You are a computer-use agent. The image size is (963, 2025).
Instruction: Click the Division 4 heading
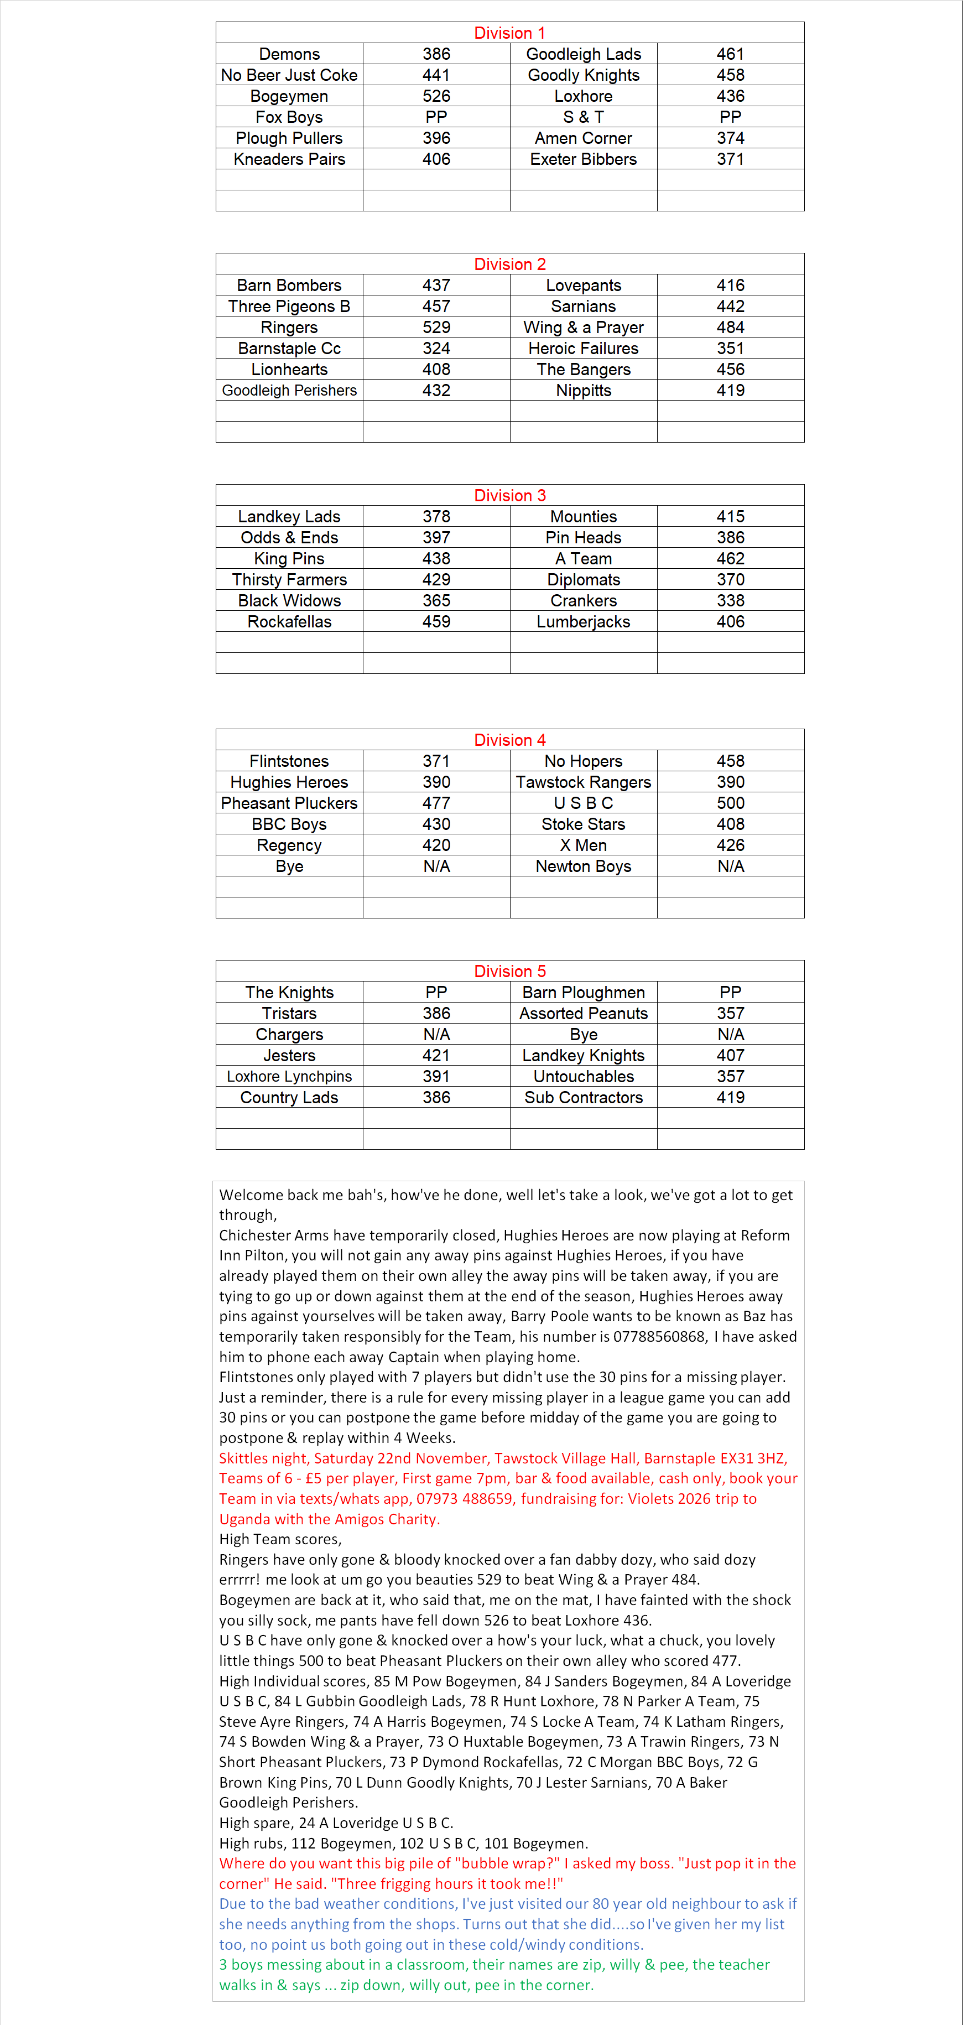click(509, 740)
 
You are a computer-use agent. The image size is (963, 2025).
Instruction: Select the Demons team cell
click(289, 54)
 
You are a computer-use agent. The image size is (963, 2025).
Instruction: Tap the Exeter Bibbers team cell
click(584, 159)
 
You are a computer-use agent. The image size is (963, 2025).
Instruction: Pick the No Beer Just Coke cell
click(289, 75)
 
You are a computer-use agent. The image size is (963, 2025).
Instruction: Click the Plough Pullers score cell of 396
click(436, 138)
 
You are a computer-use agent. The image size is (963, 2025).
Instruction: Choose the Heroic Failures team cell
click(584, 348)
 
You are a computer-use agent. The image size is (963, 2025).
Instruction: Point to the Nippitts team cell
click(584, 391)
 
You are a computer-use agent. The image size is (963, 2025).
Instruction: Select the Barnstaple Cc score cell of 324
click(436, 348)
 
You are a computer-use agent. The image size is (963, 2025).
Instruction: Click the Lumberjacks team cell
click(584, 622)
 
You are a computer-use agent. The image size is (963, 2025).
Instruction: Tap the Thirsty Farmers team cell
click(289, 579)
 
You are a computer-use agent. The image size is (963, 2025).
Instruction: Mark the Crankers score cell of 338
click(730, 600)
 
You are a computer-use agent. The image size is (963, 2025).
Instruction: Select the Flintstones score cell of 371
click(436, 761)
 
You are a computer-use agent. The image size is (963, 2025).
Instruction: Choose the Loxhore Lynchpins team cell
click(289, 1076)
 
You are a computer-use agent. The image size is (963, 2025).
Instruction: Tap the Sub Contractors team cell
click(584, 1097)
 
